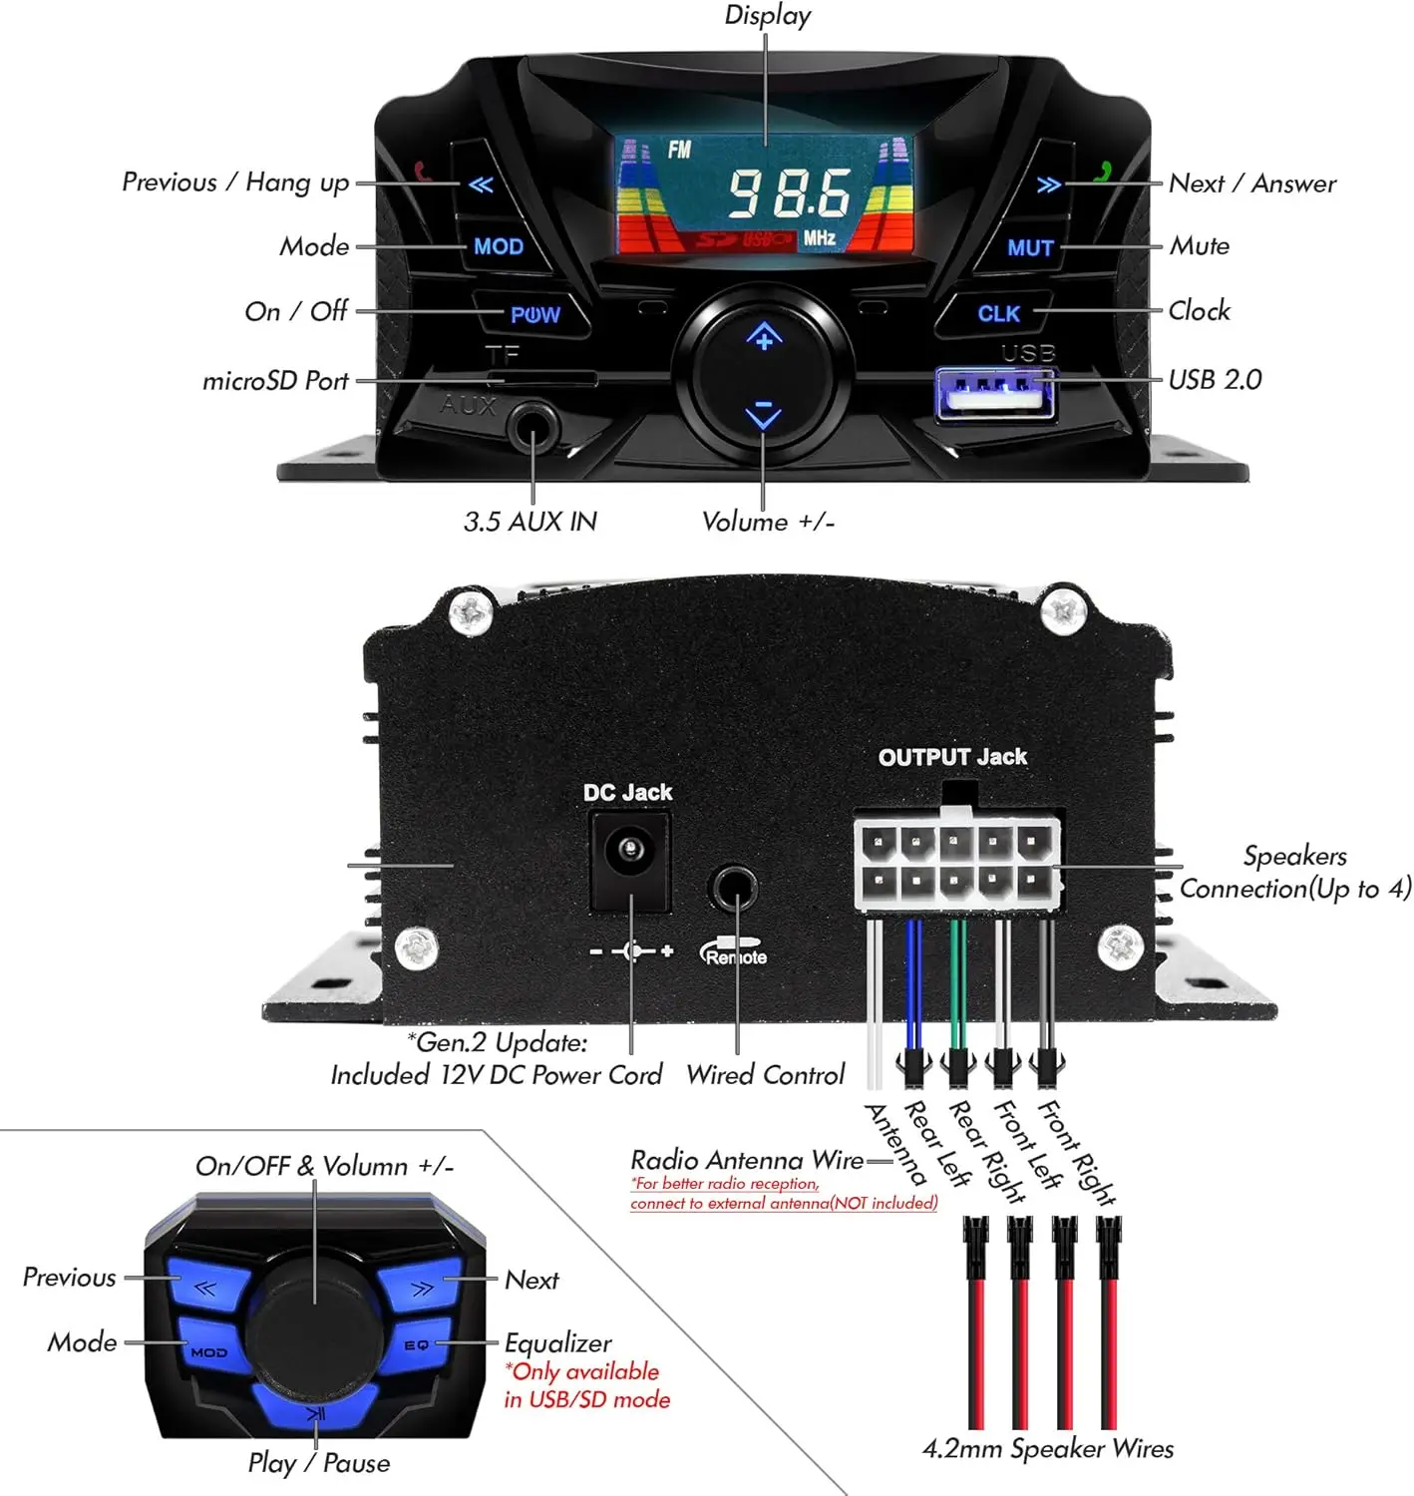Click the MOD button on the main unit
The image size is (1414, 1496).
coord(499,246)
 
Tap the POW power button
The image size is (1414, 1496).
coord(534,315)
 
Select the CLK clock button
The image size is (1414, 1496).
coord(998,313)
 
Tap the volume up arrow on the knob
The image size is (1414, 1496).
coord(764,338)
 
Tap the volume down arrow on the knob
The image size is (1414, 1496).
coord(764,413)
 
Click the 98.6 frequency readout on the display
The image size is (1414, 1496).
coord(788,192)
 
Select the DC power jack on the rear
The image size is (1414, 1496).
coord(629,852)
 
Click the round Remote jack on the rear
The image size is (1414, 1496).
coord(735,887)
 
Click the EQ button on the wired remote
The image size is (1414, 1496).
coord(417,1345)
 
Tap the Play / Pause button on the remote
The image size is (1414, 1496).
coord(315,1411)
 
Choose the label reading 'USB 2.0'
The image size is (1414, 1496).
coord(1215,380)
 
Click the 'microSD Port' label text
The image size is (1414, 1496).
coord(275,381)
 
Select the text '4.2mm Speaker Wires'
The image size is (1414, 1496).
coord(1048,1449)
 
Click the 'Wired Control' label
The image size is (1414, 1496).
coord(765,1075)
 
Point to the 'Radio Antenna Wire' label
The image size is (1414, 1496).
coord(747,1160)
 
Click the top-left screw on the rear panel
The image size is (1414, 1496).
coord(472,611)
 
